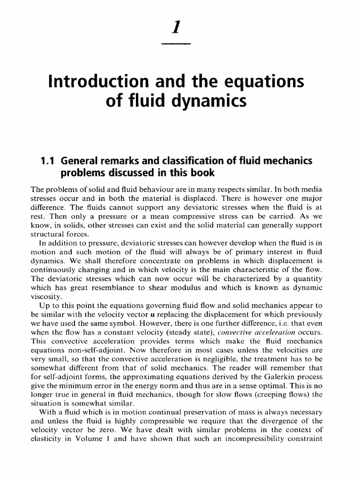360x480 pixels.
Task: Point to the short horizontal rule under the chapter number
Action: point(176,44)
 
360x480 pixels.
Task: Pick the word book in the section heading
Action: point(202,172)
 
